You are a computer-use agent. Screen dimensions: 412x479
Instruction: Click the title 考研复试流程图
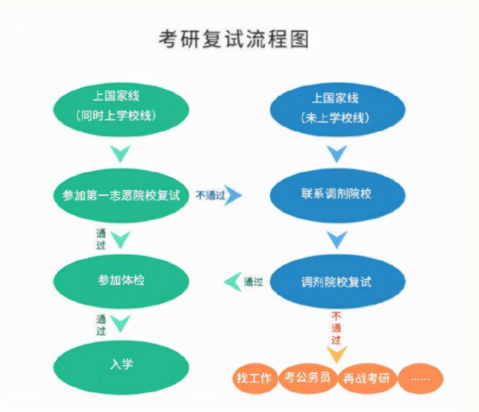(233, 39)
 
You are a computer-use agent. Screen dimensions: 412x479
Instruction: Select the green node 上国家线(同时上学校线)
(122, 106)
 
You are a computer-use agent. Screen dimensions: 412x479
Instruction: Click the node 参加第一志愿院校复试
(122, 195)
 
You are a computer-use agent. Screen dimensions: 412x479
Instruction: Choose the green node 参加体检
(122, 280)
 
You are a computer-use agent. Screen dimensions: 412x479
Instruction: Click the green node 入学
(122, 364)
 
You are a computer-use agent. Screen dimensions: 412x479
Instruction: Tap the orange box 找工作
(254, 377)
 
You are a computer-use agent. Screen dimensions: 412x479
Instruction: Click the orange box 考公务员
(307, 377)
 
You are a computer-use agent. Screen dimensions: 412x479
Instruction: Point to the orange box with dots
(420, 379)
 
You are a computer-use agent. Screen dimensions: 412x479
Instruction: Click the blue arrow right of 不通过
(233, 195)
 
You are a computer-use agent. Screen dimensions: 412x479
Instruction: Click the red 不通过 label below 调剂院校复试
(336, 327)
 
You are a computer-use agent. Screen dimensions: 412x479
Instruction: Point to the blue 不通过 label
(210, 195)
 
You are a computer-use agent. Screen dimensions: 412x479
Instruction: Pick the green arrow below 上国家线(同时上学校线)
(121, 152)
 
